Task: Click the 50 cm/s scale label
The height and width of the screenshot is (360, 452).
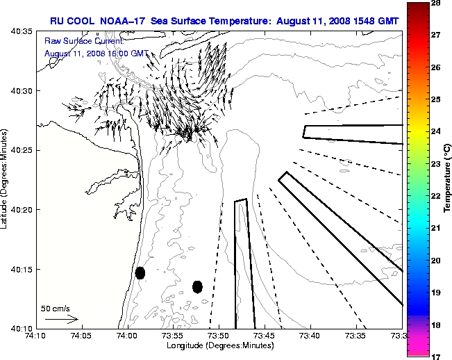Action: [56, 308]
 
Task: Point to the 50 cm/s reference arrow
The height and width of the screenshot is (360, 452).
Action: [61, 319]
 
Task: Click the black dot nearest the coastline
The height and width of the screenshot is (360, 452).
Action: [140, 272]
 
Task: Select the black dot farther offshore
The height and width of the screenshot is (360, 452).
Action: [197, 286]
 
